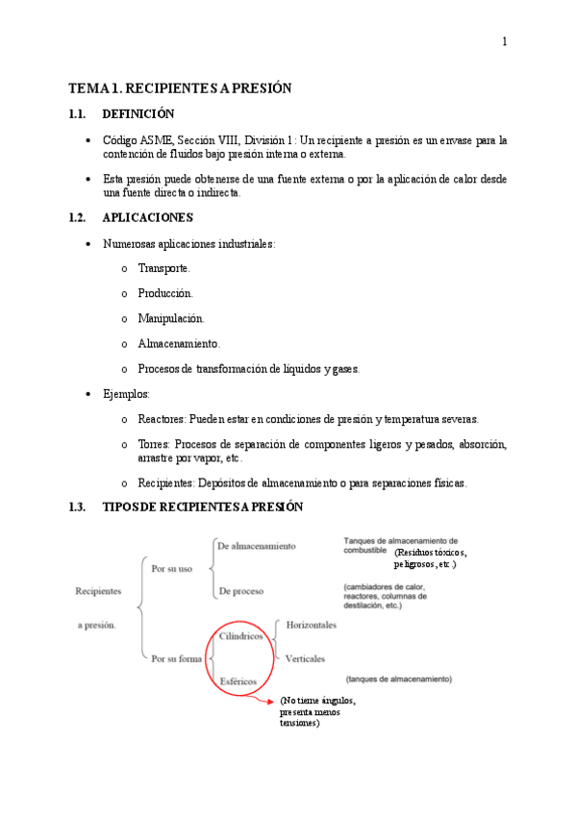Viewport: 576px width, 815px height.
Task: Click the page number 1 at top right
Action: coord(504,42)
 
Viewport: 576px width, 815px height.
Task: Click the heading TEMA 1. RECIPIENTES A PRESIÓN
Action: coord(180,88)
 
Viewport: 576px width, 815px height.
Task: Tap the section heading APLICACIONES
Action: coord(147,217)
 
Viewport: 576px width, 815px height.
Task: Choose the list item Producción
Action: coord(165,293)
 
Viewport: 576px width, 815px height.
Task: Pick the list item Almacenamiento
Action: coord(179,343)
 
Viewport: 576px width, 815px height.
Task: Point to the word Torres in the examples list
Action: coord(153,444)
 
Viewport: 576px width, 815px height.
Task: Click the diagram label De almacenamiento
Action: coord(257,546)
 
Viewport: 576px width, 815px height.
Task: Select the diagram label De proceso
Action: coord(240,591)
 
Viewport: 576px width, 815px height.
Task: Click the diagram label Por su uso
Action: coord(172,568)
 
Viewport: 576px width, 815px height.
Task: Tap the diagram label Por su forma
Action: coord(176,658)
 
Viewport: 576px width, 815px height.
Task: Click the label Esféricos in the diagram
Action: coord(238,680)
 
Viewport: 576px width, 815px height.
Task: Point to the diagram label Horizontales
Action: coord(312,625)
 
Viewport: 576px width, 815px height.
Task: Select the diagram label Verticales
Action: coord(305,658)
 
